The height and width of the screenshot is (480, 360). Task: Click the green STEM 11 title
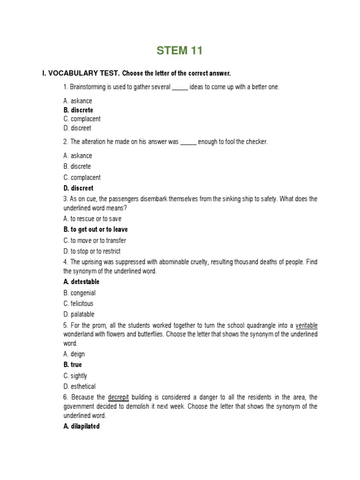click(180, 51)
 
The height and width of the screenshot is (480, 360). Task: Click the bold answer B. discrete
click(78, 110)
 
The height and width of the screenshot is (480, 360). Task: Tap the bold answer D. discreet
click(78, 188)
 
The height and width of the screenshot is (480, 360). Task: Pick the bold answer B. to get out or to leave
click(96, 229)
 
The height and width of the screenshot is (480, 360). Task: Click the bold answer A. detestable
click(82, 282)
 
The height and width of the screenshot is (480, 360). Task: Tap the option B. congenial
click(80, 293)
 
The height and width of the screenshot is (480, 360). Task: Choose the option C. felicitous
click(78, 303)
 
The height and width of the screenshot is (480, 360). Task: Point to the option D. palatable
click(79, 314)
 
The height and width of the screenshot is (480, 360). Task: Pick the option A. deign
click(74, 354)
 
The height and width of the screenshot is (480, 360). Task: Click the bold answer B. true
click(73, 364)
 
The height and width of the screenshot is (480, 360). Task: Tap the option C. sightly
click(75, 375)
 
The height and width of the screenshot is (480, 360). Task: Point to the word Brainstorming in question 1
click(89, 87)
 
